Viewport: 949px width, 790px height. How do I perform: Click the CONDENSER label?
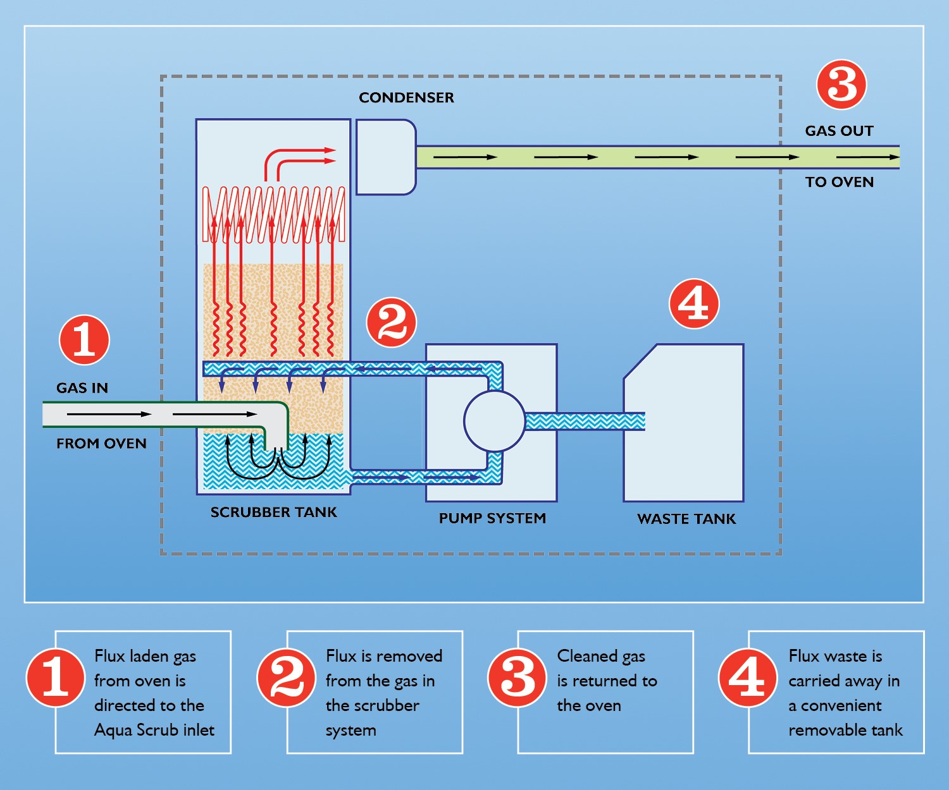[x=406, y=97]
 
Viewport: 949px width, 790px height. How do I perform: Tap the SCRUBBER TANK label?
[x=273, y=512]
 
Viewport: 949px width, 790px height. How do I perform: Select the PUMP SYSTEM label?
[x=492, y=518]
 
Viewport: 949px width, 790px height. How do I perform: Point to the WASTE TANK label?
[x=686, y=519]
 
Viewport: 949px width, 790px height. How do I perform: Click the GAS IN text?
[x=82, y=388]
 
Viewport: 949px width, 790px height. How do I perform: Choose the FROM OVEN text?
[x=101, y=444]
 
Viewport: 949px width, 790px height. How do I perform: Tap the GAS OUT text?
[x=839, y=131]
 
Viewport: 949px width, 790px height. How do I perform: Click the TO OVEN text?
[x=839, y=182]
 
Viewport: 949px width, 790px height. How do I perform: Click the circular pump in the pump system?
[x=494, y=421]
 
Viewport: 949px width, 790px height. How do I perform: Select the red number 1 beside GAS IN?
[x=84, y=340]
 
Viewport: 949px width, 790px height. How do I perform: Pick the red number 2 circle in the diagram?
[x=392, y=322]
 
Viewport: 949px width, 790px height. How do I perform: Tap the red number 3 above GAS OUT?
[x=841, y=85]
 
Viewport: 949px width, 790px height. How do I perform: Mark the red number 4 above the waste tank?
[x=694, y=304]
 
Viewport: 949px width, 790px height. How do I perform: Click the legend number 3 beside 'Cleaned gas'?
[x=517, y=678]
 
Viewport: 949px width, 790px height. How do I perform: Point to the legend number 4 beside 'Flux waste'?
[x=748, y=678]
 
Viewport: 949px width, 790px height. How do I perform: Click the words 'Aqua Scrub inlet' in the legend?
[x=154, y=730]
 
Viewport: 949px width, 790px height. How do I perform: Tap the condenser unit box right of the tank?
[x=386, y=157]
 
